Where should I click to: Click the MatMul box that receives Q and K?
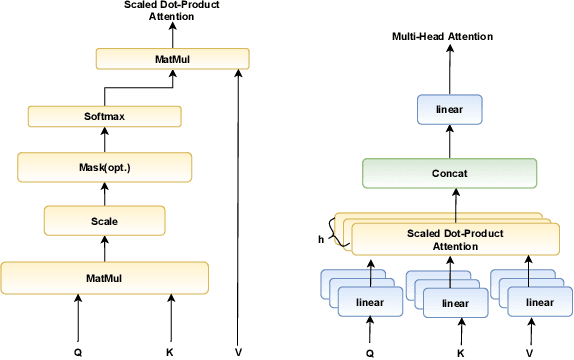click(104, 275)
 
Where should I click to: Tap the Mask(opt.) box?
click(104, 166)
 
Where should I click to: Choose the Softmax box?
click(104, 116)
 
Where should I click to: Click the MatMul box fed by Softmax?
click(171, 60)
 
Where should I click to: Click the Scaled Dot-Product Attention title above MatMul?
click(171, 11)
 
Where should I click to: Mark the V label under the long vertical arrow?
click(238, 351)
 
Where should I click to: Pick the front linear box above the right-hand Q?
click(371, 301)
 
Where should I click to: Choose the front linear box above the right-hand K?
click(456, 302)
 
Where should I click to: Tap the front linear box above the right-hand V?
click(539, 301)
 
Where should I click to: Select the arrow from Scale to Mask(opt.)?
click(104, 192)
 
